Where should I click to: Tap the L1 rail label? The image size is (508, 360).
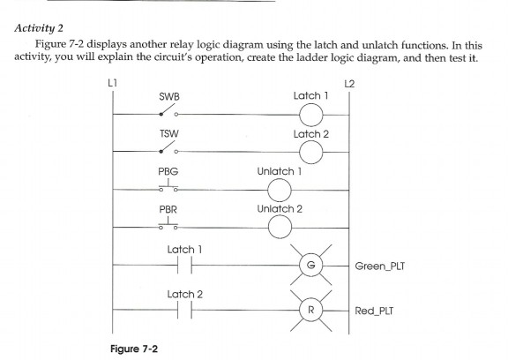tap(112, 84)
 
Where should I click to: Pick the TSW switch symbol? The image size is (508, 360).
tap(168, 151)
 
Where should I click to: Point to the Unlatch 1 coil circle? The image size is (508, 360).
tap(279, 189)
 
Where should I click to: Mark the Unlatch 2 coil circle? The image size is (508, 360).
tap(279, 227)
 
